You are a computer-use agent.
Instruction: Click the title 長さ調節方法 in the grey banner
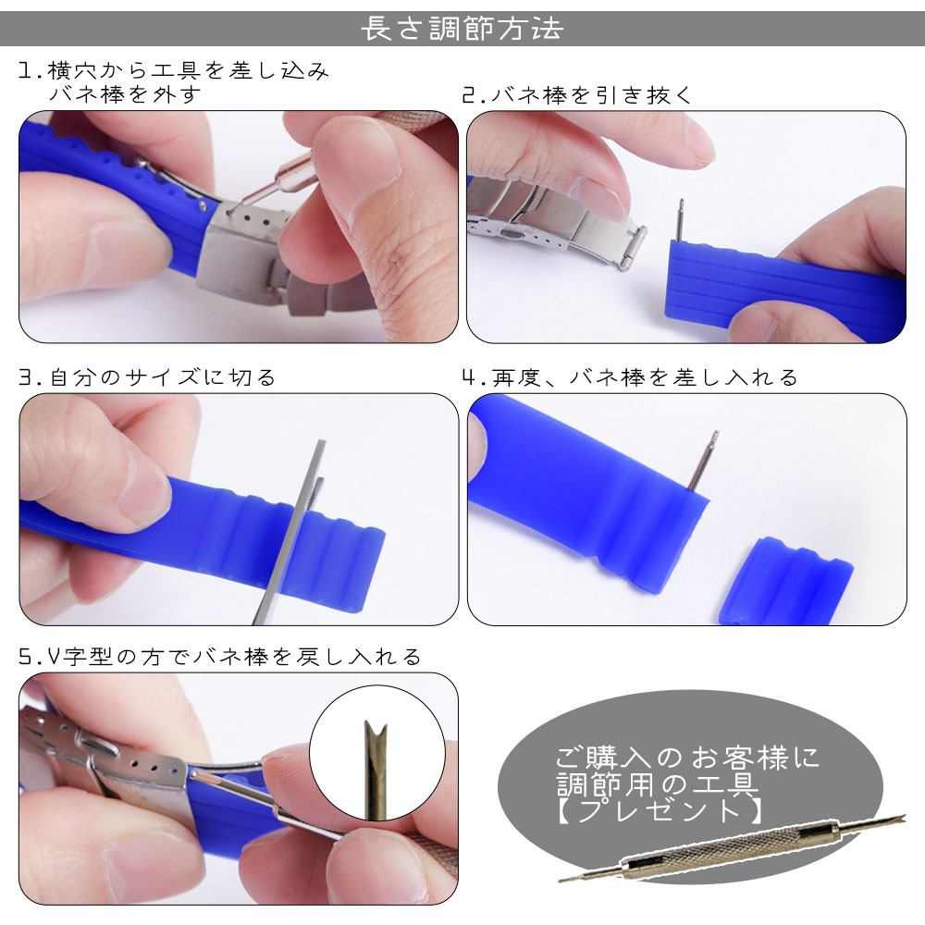click(x=462, y=29)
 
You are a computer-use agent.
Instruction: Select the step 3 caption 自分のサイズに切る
click(x=162, y=377)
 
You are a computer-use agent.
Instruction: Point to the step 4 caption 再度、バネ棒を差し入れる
click(x=645, y=377)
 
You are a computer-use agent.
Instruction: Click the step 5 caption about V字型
click(x=234, y=657)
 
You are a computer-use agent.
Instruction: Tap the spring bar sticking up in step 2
click(x=680, y=220)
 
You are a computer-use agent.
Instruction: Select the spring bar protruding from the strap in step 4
click(x=703, y=460)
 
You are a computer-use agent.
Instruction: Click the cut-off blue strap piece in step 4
click(x=785, y=581)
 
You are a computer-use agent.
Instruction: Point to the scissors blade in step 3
click(x=289, y=531)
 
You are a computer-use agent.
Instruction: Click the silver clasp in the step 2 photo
click(x=554, y=221)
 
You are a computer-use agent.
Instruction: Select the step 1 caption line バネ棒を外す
click(x=125, y=95)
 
